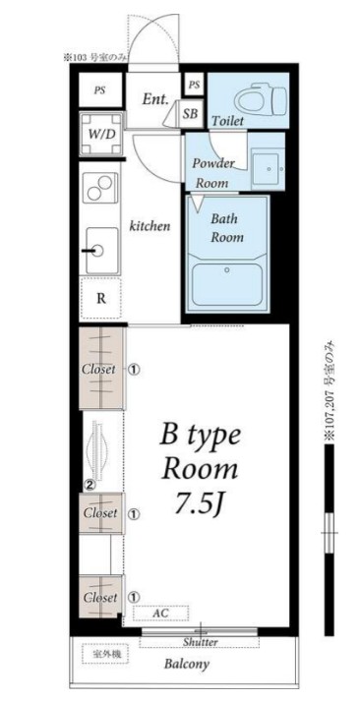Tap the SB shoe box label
coord(190,113)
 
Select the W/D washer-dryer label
coord(100,134)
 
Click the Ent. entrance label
coord(155,99)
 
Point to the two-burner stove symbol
coord(99,188)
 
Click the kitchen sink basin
coord(102,251)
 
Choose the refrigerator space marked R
coord(101,299)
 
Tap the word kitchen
coord(150,226)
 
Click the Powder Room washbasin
coord(268,169)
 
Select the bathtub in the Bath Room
coord(227,282)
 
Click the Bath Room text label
coord(227,228)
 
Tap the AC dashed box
coord(161,613)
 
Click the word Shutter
coord(200,642)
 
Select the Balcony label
coord(187,664)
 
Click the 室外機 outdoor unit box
coord(105,654)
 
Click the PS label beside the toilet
coord(194,85)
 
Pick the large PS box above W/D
coord(100,89)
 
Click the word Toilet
coord(227,121)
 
